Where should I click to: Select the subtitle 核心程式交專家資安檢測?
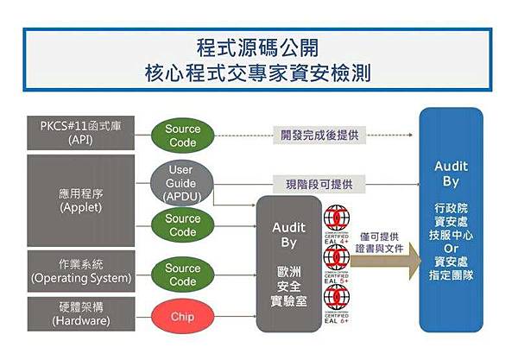pos(258,74)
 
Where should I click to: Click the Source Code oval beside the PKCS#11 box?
pos(182,136)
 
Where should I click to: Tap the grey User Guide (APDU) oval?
pos(181,184)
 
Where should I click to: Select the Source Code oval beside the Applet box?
pos(182,224)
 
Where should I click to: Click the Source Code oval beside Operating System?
pos(182,275)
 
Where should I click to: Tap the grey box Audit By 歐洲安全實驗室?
pos(288,264)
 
